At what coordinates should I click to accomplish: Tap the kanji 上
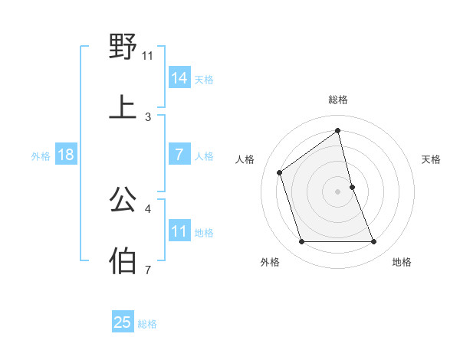123,107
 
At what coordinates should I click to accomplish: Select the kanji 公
123,199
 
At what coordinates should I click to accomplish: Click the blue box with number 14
179,78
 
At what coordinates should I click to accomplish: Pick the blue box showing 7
179,155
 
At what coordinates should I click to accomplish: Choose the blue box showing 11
179,231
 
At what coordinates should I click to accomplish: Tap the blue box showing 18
66,155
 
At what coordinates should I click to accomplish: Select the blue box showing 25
123,322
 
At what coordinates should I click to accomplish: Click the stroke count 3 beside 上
148,117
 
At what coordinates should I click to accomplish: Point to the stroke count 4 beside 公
148,208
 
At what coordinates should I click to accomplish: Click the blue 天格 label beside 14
204,80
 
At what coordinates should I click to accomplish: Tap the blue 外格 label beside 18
41,156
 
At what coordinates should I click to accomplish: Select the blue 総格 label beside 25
147,324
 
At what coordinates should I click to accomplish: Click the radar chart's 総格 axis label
338,100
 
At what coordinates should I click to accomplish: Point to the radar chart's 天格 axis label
432,159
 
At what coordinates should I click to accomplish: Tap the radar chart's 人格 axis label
245,159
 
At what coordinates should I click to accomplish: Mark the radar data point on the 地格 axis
374,242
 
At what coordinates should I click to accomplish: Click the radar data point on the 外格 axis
301,242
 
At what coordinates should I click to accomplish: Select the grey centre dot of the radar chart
338,191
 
